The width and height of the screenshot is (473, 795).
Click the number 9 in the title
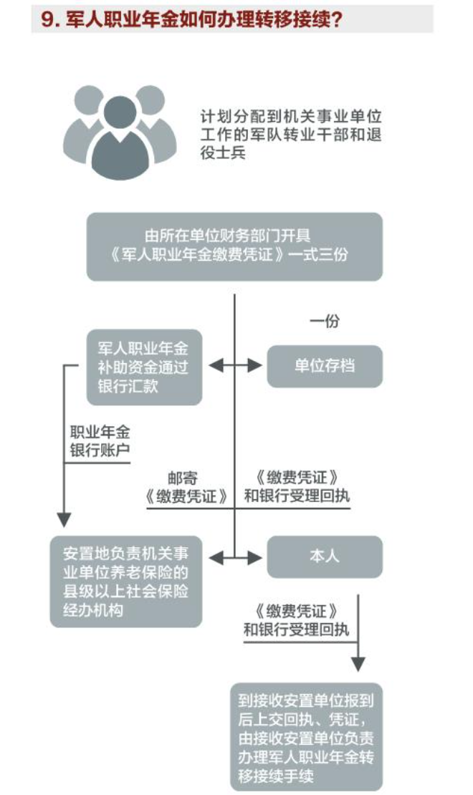point(48,19)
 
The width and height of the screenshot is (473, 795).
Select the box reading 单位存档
point(325,367)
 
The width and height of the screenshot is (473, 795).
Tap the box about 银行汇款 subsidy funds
point(144,367)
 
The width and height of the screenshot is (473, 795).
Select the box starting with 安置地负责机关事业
point(125,581)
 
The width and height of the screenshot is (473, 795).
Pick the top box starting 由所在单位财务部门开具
point(234,246)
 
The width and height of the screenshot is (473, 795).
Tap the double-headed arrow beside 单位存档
point(235,366)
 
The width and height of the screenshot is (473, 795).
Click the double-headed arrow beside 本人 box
point(235,556)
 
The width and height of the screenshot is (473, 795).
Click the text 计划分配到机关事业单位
point(290,117)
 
